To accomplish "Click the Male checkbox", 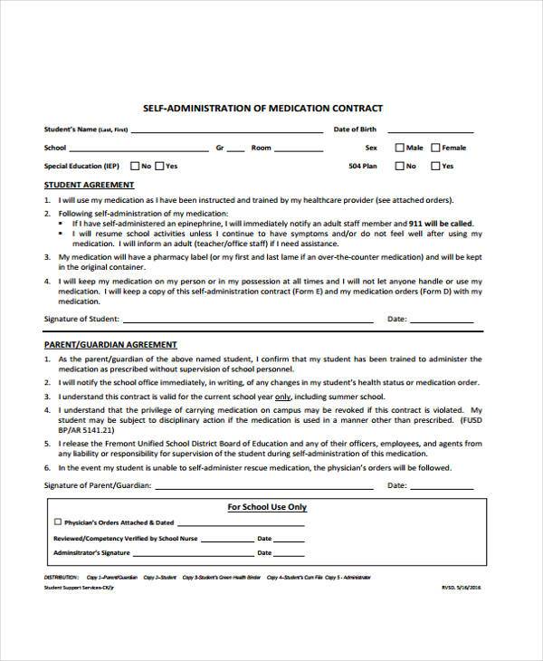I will (399, 148).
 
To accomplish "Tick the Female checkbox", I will (435, 148).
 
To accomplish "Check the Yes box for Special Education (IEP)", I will (159, 167).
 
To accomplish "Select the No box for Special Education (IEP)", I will (134, 167).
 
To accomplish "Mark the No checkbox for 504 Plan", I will (399, 167).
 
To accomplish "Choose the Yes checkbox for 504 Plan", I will (435, 167).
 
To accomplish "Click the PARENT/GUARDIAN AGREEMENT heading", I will (110, 345).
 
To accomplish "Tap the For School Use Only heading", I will (266, 507).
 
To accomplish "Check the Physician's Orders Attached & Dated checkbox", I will (58, 522).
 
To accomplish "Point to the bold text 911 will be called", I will (439, 223).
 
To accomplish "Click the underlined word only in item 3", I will (282, 398).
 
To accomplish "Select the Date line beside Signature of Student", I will (441, 321).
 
